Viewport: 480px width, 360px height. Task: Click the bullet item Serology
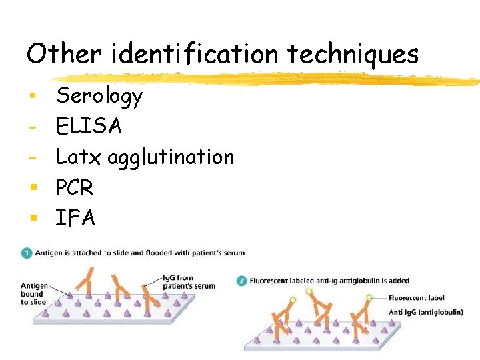pos(99,97)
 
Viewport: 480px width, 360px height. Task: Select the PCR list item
pos(75,188)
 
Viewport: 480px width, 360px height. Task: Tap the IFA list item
pos(75,218)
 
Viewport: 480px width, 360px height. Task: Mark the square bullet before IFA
pos(32,218)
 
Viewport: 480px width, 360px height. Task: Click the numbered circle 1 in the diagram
pos(26,253)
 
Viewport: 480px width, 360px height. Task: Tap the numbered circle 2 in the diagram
pos(243,281)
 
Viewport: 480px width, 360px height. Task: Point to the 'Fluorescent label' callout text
pos(416,298)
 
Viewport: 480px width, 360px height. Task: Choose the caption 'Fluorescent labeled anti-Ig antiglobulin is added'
pos(329,281)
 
